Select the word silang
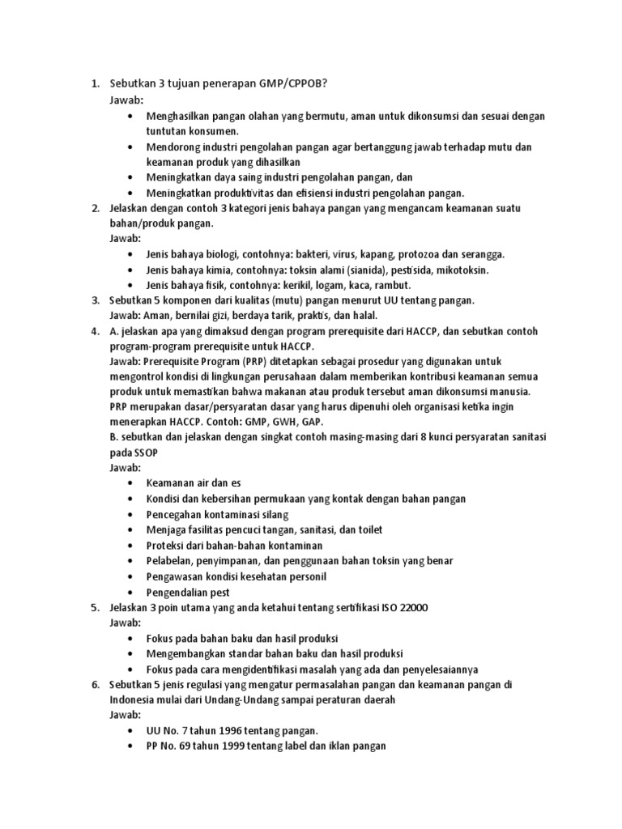point(272,514)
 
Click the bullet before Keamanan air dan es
point(130,483)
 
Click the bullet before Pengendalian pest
point(130,592)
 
